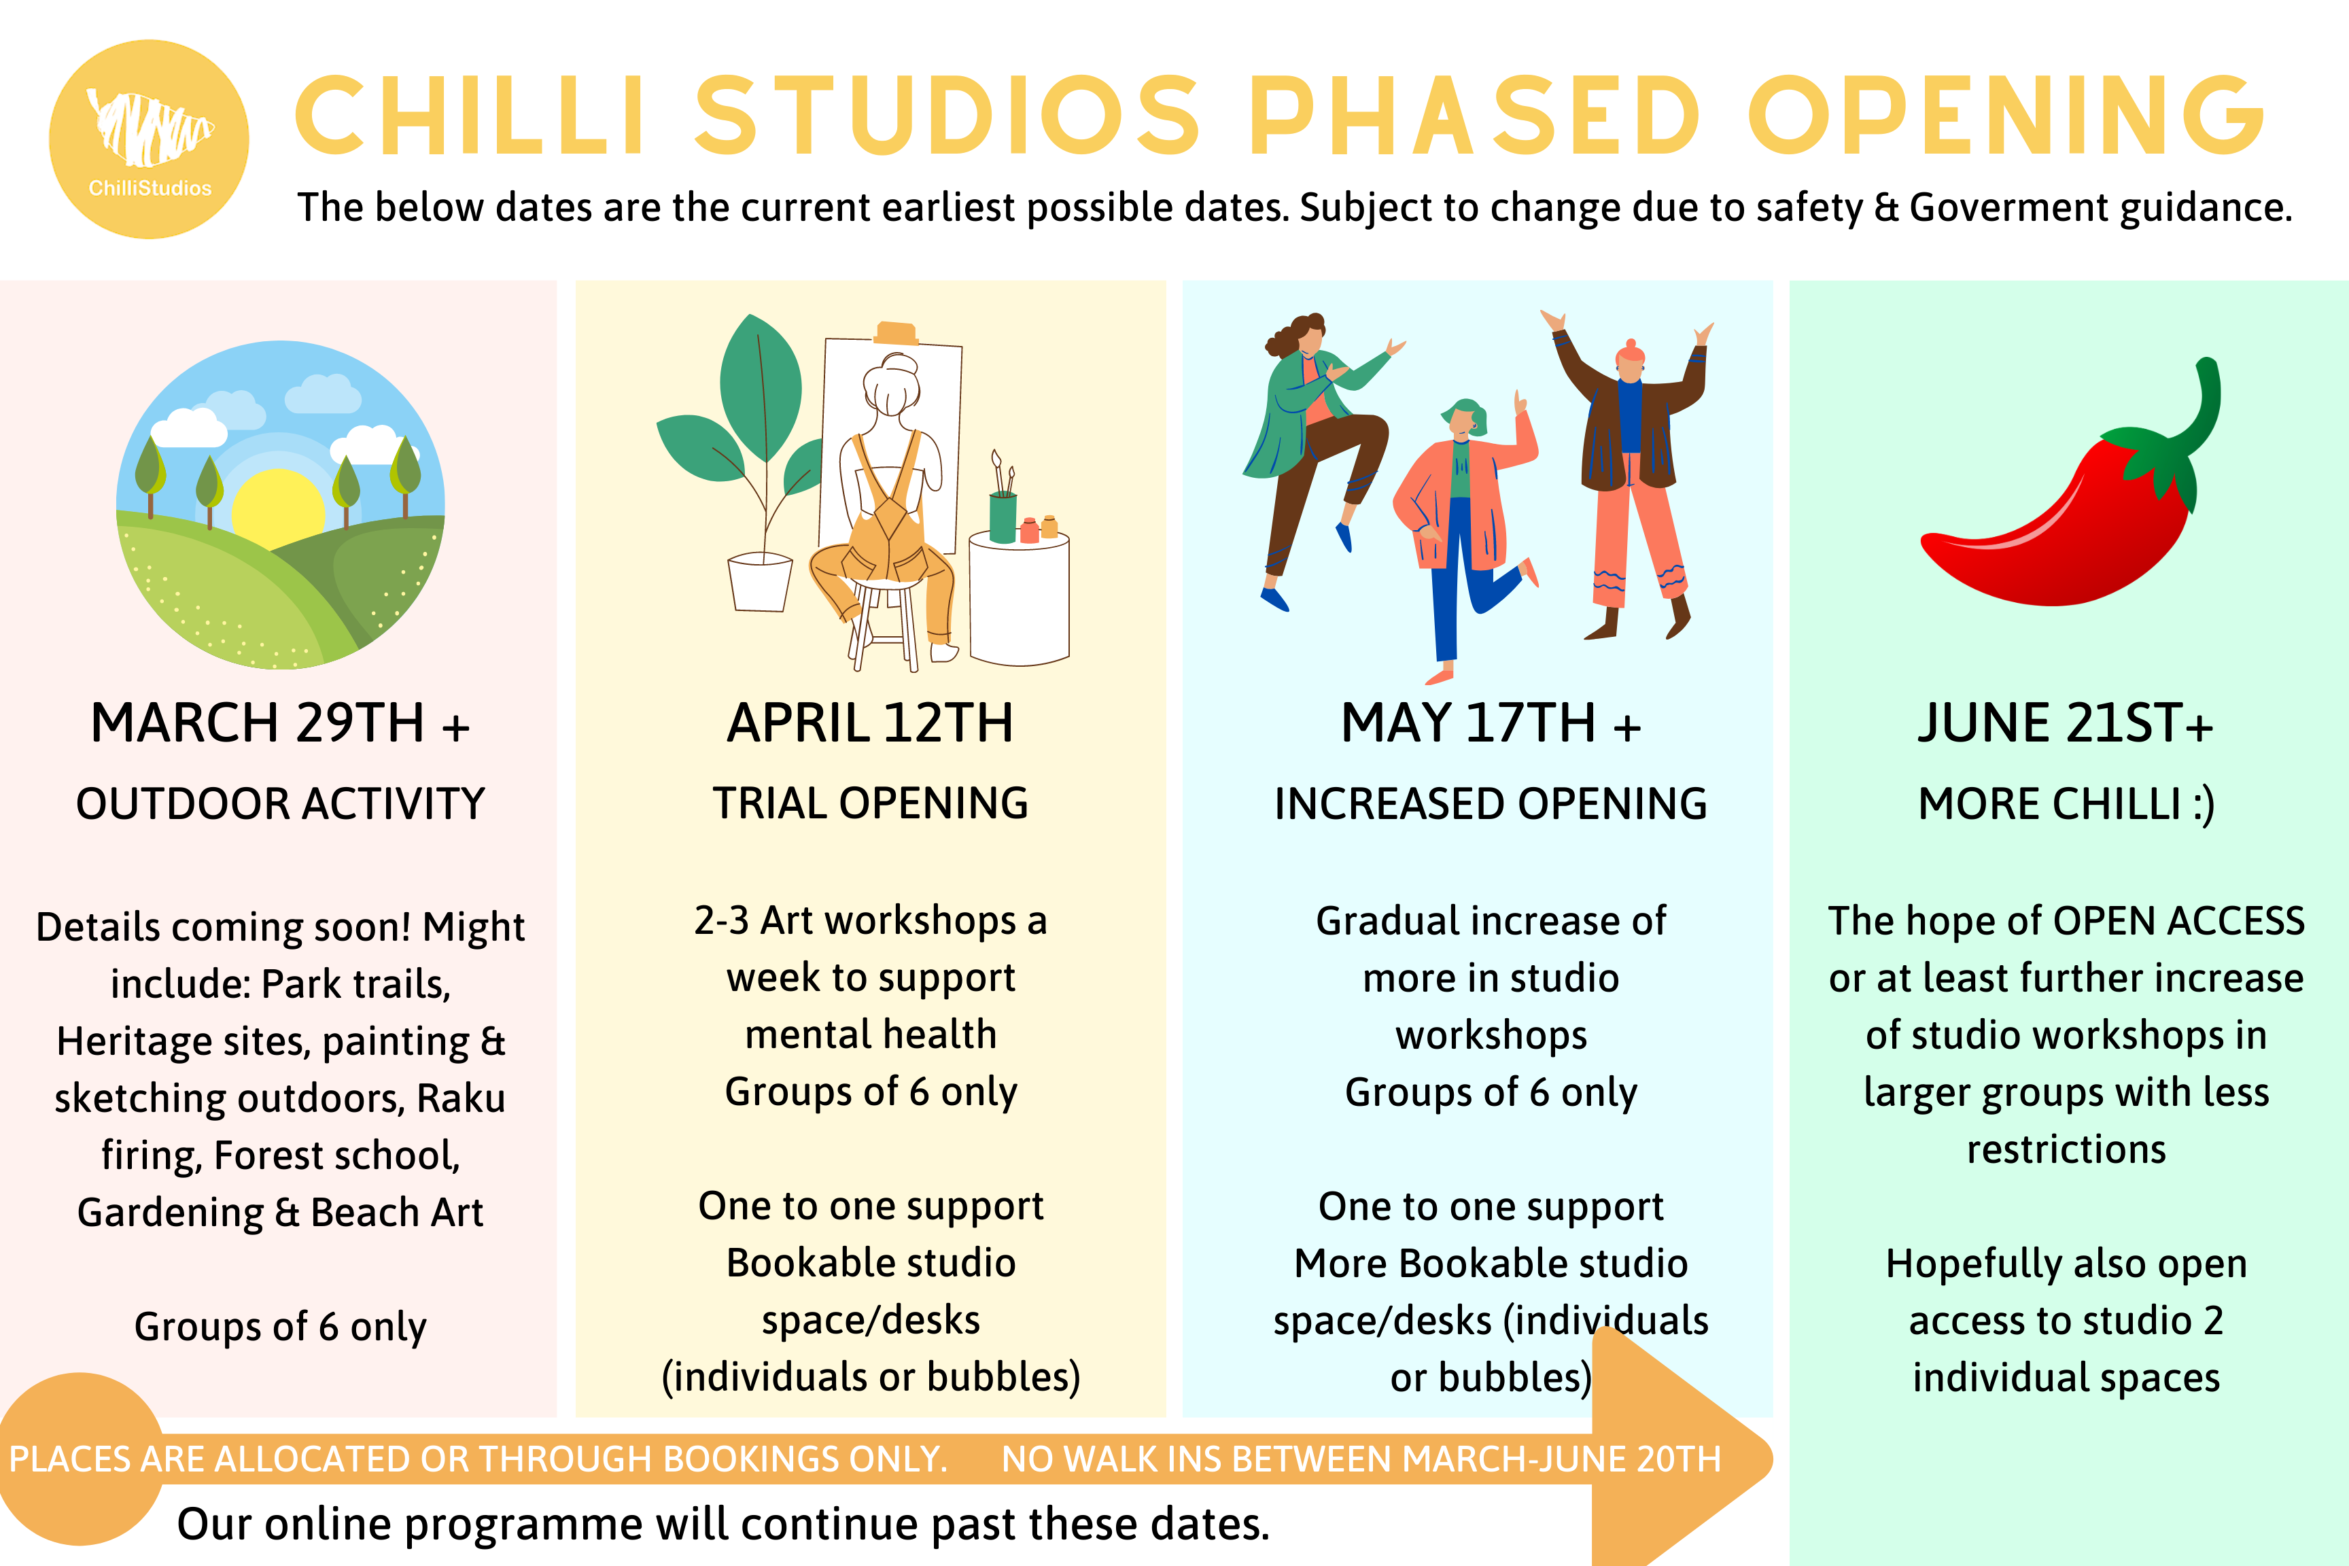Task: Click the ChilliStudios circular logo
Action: [149, 139]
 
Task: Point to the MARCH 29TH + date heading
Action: [279, 723]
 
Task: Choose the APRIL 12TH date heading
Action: [870, 723]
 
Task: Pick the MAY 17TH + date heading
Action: [1490, 723]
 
